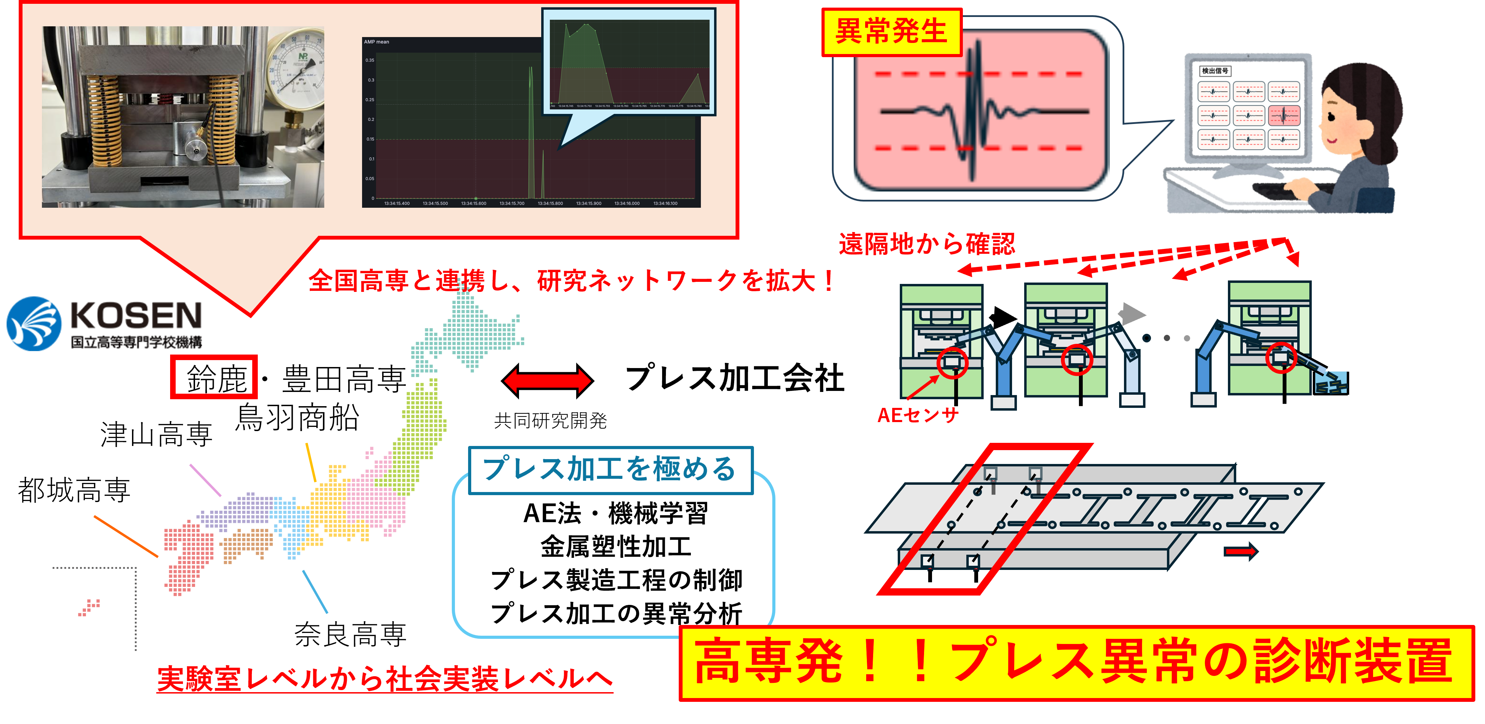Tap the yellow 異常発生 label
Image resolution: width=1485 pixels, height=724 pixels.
pyautogui.click(x=891, y=32)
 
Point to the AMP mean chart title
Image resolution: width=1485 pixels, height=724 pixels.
pyautogui.click(x=376, y=42)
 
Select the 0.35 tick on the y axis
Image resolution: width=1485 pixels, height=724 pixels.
pyautogui.click(x=370, y=60)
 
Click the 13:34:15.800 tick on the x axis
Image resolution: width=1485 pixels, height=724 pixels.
pyautogui.click(x=550, y=203)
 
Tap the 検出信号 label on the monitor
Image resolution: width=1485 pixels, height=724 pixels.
pyautogui.click(x=1215, y=71)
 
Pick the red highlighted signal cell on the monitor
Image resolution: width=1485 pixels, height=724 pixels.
pyautogui.click(x=1284, y=116)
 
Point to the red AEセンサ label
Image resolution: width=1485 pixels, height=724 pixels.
pyautogui.click(x=918, y=415)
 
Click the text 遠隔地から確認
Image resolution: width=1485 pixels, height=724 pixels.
pyautogui.click(x=926, y=244)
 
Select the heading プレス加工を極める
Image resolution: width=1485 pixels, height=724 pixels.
pyautogui.click(x=610, y=470)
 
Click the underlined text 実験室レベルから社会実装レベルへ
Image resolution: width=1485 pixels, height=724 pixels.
pyautogui.click(x=385, y=679)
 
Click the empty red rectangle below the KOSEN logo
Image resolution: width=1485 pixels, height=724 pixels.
pyautogui.click(x=214, y=377)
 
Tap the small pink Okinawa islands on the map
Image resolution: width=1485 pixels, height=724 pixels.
pyautogui.click(x=89, y=607)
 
